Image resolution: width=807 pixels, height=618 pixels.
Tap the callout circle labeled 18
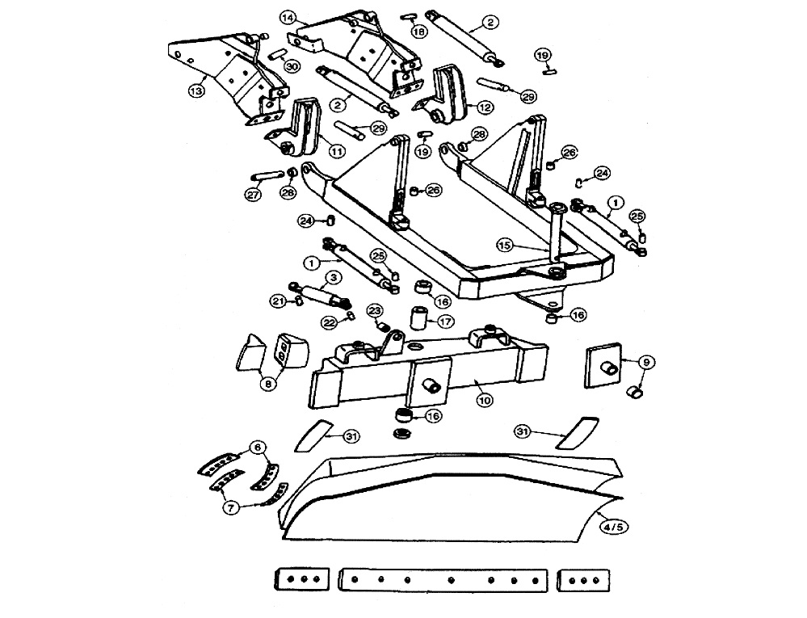tap(418, 31)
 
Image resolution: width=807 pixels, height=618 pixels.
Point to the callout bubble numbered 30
tap(292, 66)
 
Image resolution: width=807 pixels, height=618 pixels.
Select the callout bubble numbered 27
tap(253, 194)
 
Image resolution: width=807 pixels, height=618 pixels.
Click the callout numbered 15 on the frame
tap(504, 243)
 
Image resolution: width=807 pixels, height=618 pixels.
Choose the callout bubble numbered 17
tap(445, 321)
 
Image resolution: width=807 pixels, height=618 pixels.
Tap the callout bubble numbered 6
tap(258, 447)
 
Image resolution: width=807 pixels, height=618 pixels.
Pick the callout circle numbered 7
tap(231, 508)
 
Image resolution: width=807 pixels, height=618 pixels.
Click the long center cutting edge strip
tap(445, 580)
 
